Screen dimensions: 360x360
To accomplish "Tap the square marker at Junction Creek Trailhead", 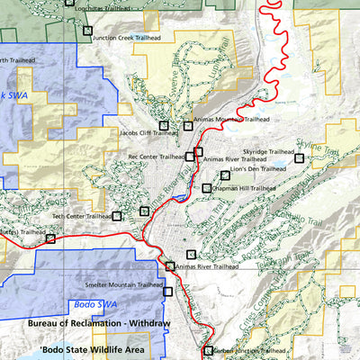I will pyautogui.click(x=87, y=31).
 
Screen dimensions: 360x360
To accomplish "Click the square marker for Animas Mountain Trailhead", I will pyautogui.click(x=188, y=125).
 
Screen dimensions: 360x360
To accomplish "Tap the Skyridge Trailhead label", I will pyautogui.click(x=267, y=152).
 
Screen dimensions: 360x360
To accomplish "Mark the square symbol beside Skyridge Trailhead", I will pyautogui.click(x=300, y=158).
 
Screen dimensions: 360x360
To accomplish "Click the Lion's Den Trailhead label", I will pyautogui.click(x=257, y=168).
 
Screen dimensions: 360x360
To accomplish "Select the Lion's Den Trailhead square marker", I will pyautogui.click(x=225, y=175).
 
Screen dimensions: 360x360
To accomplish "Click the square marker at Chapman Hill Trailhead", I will pyautogui.click(x=207, y=188).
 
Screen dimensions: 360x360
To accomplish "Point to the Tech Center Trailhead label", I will pyautogui.click(x=81, y=216).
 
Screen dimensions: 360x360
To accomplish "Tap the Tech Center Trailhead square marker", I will pyautogui.click(x=117, y=216).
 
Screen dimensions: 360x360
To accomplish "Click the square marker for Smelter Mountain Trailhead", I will pyautogui.click(x=167, y=290).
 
